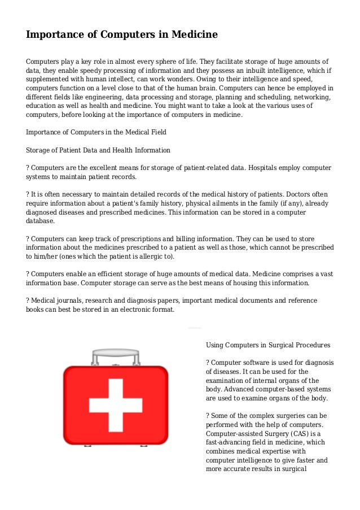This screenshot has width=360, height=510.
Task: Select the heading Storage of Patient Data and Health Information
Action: click(x=99, y=150)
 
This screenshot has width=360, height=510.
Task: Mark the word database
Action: click(x=42, y=221)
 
